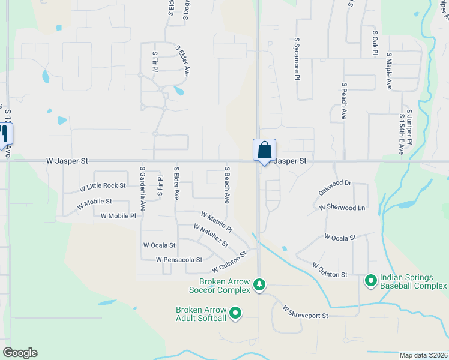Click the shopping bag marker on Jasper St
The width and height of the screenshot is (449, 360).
(x=264, y=151)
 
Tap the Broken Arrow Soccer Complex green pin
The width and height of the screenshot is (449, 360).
(x=259, y=283)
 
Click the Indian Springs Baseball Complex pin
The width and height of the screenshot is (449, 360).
(x=370, y=280)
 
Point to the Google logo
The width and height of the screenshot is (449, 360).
(x=20, y=353)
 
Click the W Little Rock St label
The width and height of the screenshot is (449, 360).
(x=103, y=187)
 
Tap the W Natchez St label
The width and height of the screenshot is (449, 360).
(x=211, y=235)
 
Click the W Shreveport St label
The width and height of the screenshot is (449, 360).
(x=306, y=311)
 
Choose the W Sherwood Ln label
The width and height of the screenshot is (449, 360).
(x=342, y=207)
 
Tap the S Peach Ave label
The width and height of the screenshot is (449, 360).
(x=344, y=101)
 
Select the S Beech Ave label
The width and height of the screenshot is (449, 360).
(x=228, y=184)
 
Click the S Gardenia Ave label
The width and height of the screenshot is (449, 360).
(x=143, y=189)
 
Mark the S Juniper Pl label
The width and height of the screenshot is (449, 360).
(x=409, y=127)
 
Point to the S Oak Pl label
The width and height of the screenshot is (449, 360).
(x=375, y=43)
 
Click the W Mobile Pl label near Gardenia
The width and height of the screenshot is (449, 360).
(x=118, y=215)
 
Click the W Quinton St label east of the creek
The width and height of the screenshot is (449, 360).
(x=330, y=270)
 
